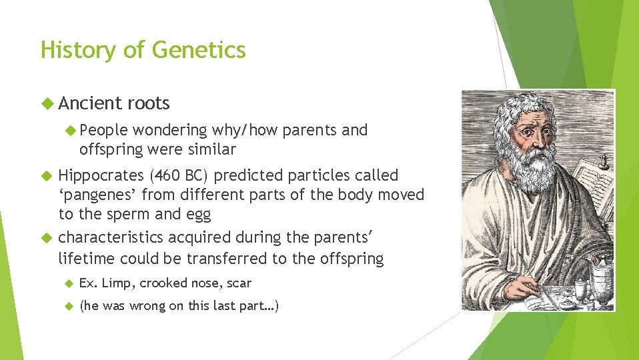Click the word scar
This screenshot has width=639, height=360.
coord(239,283)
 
